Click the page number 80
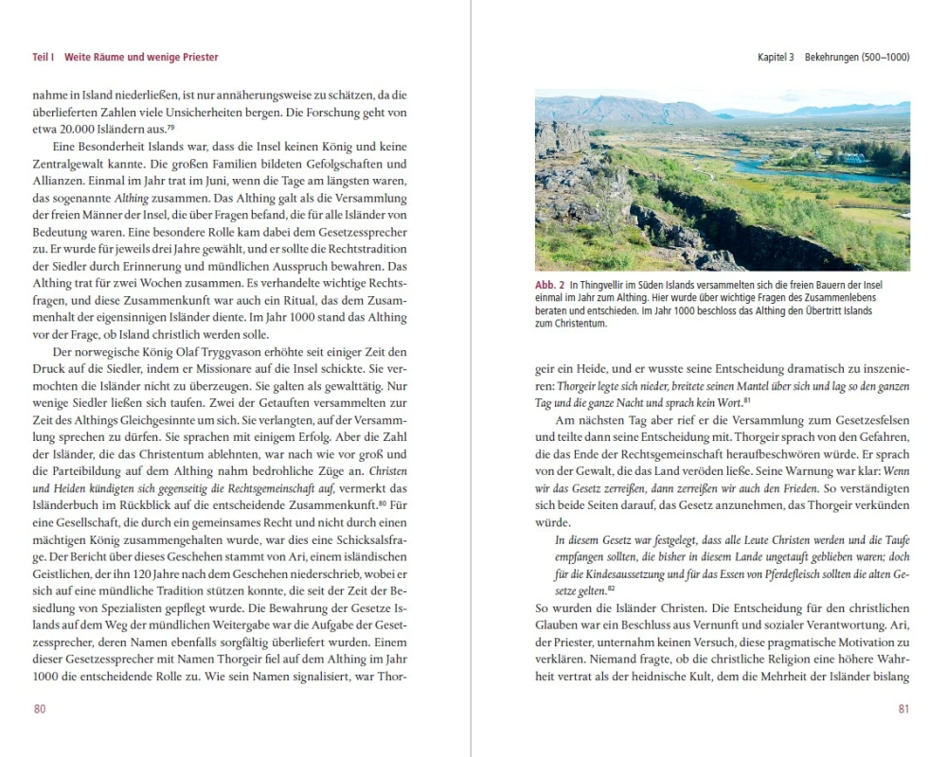point(40,710)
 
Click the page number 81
point(903,710)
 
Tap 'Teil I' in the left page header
point(43,58)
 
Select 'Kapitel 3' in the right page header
point(776,58)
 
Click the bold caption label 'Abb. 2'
point(549,285)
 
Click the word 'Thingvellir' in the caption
point(612,285)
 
